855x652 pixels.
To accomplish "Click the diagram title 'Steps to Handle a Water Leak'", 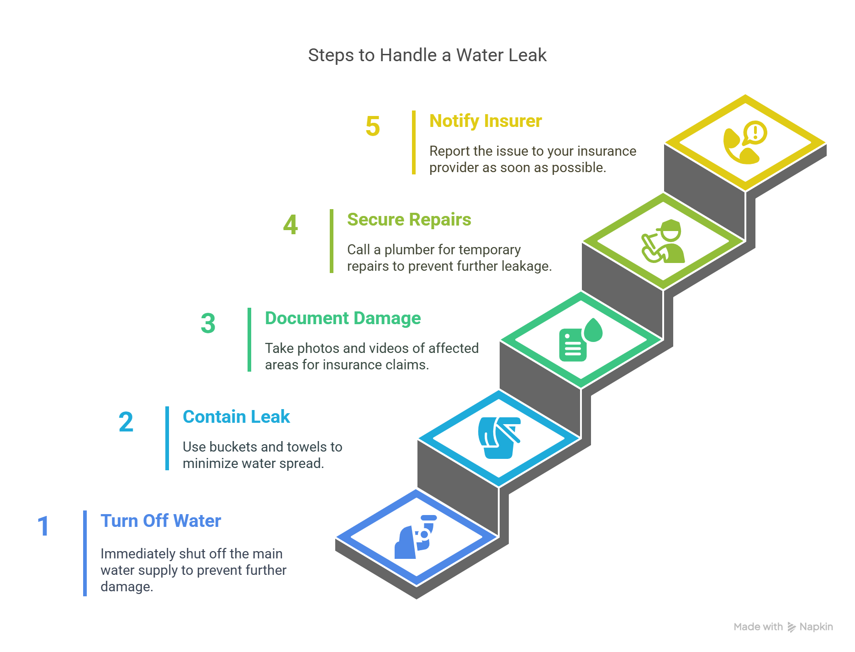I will pyautogui.click(x=427, y=55).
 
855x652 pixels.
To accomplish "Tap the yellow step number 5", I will pyautogui.click(x=373, y=126).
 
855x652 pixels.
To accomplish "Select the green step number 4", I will pyautogui.click(x=290, y=225).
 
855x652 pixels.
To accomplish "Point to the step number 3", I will pyautogui.click(x=208, y=323).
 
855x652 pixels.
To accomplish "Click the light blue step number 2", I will pyautogui.click(x=126, y=422).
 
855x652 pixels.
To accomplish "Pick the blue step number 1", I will pyautogui.click(x=43, y=526).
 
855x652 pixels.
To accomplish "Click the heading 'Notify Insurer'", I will pyautogui.click(x=486, y=121).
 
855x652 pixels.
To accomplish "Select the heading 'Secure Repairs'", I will pyautogui.click(x=409, y=220).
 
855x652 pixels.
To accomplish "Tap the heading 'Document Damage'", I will pyautogui.click(x=343, y=318).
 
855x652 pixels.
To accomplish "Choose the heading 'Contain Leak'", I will pyautogui.click(x=236, y=417).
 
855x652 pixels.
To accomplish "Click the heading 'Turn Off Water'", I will pyautogui.click(x=161, y=521).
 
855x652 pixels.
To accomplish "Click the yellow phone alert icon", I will pyautogui.click(x=745, y=142).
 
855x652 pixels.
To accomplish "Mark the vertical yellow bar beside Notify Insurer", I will pyautogui.click(x=414, y=142).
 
